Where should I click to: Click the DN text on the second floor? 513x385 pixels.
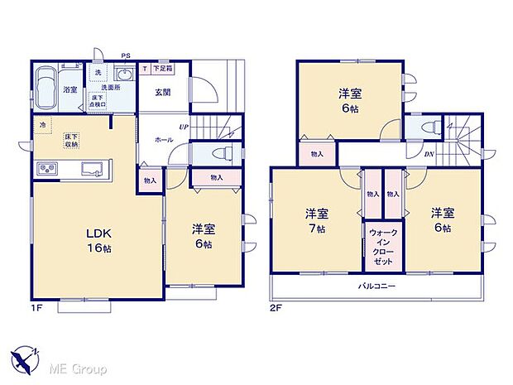tap(429, 154)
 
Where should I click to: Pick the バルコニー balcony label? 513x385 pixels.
tap(376, 286)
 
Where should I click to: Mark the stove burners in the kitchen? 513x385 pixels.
tap(46, 170)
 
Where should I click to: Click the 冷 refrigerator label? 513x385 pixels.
tap(41, 124)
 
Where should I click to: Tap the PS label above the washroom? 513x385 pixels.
tap(125, 55)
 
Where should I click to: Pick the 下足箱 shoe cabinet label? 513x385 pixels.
tap(160, 70)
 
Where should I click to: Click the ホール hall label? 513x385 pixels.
tap(164, 140)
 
